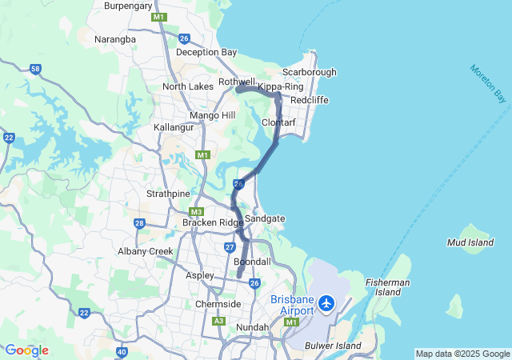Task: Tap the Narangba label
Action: (x=115, y=39)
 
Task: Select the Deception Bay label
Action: (x=206, y=52)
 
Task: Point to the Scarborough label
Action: (x=308, y=72)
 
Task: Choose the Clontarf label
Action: (x=280, y=122)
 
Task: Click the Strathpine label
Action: (x=167, y=194)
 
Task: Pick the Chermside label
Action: (x=218, y=304)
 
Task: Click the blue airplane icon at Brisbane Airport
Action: (x=326, y=303)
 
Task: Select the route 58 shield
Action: (x=35, y=70)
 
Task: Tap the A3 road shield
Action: (x=219, y=322)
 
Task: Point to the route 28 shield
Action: (x=139, y=223)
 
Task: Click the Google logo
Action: (x=26, y=350)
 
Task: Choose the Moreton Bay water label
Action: (x=489, y=83)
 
